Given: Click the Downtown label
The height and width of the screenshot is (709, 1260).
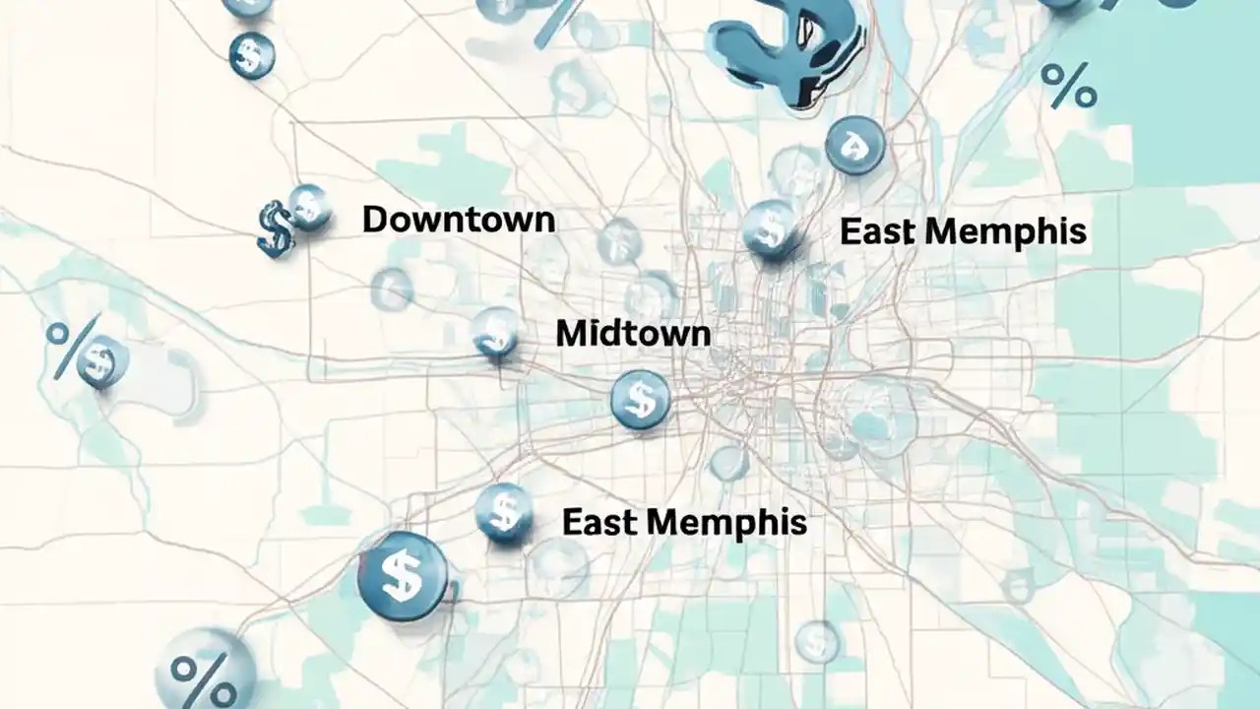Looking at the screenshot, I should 458,219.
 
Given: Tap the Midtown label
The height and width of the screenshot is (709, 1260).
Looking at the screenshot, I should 632,333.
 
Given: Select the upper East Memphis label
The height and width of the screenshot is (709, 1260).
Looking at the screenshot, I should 963,231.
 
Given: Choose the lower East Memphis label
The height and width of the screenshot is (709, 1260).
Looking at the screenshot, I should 684,522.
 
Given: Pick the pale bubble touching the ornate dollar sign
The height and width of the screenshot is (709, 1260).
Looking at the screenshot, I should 309,207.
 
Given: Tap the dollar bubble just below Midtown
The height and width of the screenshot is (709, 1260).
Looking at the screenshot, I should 640,399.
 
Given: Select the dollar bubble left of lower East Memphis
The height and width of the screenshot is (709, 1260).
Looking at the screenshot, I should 504,512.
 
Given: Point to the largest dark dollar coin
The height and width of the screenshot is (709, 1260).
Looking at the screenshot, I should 402,576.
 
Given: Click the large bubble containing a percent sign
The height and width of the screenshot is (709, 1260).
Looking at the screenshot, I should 205,672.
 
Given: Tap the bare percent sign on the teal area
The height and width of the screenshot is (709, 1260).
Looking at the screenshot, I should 1068,86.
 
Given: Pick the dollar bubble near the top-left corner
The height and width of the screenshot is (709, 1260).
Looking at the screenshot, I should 251,55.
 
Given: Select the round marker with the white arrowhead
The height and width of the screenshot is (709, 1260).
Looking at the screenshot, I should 854,146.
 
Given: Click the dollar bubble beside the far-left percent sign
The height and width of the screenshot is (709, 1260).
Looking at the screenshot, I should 100,361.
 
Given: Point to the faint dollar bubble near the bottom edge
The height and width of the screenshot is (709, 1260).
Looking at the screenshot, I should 816,641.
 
